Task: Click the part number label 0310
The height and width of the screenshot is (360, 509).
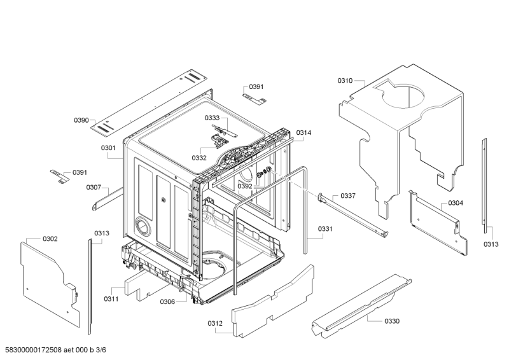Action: [x=345, y=81]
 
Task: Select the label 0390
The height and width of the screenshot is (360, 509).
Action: [x=81, y=120]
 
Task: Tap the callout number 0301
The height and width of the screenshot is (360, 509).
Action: [x=108, y=148]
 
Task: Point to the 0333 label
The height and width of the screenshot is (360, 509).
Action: [x=212, y=118]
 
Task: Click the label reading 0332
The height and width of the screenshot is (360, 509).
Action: [x=199, y=158]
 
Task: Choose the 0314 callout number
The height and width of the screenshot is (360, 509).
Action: [x=303, y=133]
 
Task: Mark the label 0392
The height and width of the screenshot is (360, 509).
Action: [x=245, y=186]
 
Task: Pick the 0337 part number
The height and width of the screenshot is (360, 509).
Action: [x=348, y=195]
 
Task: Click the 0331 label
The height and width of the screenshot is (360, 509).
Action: [x=325, y=228]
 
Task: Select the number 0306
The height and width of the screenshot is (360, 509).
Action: [x=167, y=301]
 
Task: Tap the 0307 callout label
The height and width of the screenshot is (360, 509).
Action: [x=94, y=187]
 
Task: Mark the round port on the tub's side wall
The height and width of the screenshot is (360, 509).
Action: [x=143, y=226]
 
